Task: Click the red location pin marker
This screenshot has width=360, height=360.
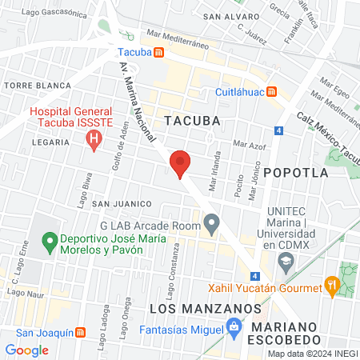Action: (180, 164)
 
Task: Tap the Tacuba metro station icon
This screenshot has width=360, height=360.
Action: (159, 53)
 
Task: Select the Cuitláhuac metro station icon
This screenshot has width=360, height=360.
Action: (273, 91)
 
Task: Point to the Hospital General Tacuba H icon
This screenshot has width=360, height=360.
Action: (94, 142)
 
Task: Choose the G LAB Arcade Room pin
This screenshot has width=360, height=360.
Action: (211, 225)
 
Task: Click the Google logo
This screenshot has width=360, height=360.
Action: (26, 350)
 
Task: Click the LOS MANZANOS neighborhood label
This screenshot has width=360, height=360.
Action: (206, 308)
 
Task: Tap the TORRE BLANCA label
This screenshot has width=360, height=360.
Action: (28, 84)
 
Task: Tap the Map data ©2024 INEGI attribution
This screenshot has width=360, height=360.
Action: (312, 354)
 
